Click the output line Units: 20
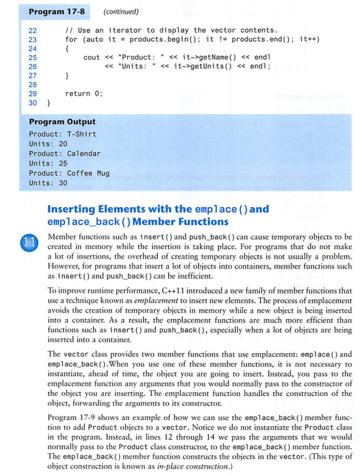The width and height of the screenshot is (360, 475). (48, 144)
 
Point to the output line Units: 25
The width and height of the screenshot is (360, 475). (48, 164)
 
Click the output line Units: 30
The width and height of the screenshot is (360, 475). (48, 183)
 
